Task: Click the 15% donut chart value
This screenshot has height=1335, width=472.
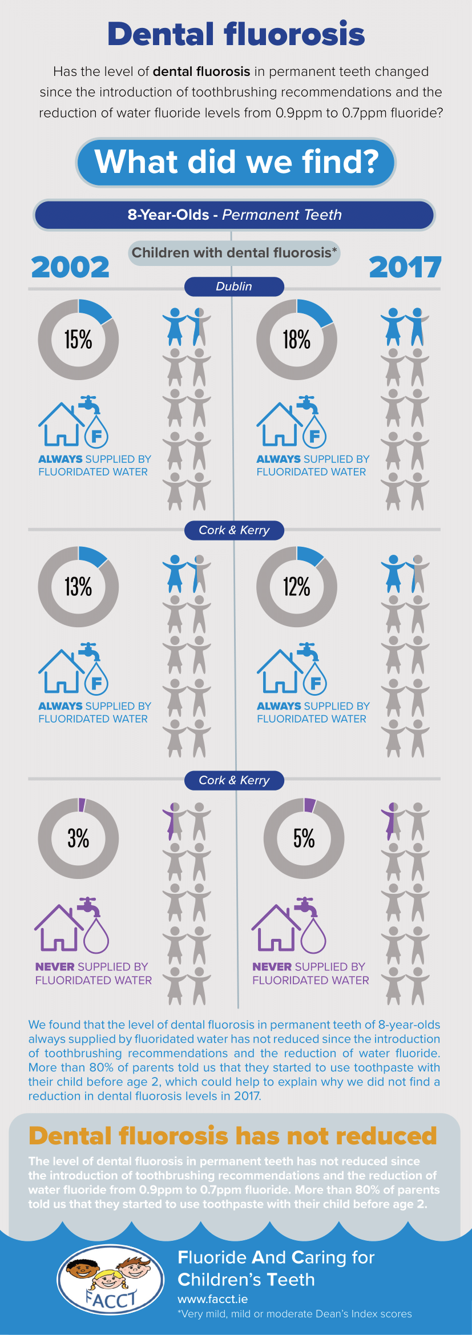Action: point(78,340)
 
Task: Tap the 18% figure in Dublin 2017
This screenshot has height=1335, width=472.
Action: point(297,340)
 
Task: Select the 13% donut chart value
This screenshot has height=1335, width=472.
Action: point(78,587)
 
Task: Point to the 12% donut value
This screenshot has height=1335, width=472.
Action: point(297,587)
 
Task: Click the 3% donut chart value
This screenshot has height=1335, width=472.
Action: point(78,838)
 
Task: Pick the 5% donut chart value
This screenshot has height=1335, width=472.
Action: point(304,838)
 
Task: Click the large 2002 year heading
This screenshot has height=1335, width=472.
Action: point(70,267)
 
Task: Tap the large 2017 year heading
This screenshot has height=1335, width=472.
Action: point(405,267)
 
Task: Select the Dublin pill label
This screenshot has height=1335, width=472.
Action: point(234,287)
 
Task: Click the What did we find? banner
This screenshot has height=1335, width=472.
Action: point(236,162)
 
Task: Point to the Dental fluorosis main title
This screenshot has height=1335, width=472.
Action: point(236,34)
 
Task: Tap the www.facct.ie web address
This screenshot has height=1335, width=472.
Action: point(212,1299)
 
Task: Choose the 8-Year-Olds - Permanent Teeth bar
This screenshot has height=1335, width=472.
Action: point(234,215)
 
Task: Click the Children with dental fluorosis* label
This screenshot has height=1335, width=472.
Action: point(234,253)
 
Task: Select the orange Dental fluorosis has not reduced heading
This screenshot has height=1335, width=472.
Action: point(232,1136)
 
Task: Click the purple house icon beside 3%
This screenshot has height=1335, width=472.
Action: point(56,928)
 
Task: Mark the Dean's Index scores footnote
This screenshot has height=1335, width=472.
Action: point(295,1314)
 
